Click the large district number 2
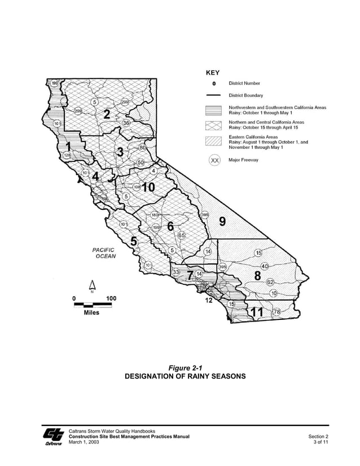(x=106, y=113)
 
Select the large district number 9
(x=222, y=222)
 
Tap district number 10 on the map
(x=148, y=187)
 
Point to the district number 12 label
(x=209, y=300)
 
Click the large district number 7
(x=191, y=274)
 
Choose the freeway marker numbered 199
(x=55, y=83)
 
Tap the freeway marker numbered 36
(x=126, y=123)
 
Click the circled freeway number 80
(x=143, y=148)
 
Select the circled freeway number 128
(x=67, y=155)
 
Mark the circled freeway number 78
(x=276, y=311)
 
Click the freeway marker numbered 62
(x=270, y=282)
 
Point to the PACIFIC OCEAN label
(x=103, y=253)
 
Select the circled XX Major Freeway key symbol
(x=214, y=161)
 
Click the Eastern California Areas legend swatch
(x=214, y=143)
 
